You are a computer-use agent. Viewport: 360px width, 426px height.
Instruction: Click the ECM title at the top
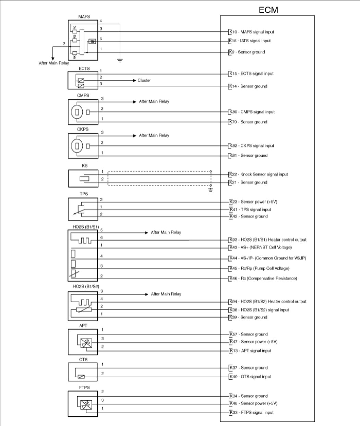pyautogui.click(x=268, y=10)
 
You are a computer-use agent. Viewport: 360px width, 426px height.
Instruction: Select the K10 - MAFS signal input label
pyautogui.click(x=252, y=32)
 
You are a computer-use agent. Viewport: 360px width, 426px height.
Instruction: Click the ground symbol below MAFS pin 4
pyautogui.click(x=120, y=60)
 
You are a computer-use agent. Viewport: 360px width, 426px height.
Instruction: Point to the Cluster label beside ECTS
pyautogui.click(x=144, y=81)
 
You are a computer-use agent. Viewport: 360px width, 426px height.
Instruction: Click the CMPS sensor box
pyautogui.click(x=83, y=112)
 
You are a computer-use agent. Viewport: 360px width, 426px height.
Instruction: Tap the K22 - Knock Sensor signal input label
pyautogui.click(x=259, y=174)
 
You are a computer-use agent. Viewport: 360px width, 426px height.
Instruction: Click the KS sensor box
pyautogui.click(x=83, y=178)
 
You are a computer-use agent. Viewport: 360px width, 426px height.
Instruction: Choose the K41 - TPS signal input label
pyautogui.click(x=250, y=210)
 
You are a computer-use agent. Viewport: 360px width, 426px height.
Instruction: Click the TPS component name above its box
pyautogui.click(x=84, y=194)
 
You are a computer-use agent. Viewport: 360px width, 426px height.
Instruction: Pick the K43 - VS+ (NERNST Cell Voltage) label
pyautogui.click(x=260, y=247)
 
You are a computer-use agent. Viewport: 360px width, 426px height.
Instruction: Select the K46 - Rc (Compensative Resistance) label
pyautogui.click(x=263, y=279)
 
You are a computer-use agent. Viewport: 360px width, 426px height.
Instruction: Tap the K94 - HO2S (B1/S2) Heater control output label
pyautogui.click(x=268, y=302)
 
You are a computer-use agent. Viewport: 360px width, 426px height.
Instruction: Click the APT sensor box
pyautogui.click(x=83, y=342)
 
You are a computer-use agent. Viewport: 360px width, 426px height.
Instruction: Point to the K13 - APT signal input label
pyautogui.click(x=250, y=351)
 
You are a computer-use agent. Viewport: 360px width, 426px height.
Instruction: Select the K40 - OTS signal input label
pyautogui.click(x=250, y=377)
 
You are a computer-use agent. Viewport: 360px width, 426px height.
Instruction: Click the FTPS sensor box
pyautogui.click(x=83, y=404)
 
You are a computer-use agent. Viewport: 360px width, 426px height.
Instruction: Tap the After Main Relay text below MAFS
pyautogui.click(x=54, y=63)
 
